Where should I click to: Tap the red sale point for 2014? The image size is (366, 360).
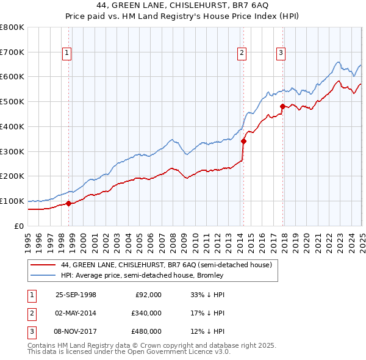pos(243,141)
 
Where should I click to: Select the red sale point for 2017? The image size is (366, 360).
pos(282,106)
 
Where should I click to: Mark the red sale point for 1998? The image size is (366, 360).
pos(68,203)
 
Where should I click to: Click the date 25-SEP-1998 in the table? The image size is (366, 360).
pos(76,294)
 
